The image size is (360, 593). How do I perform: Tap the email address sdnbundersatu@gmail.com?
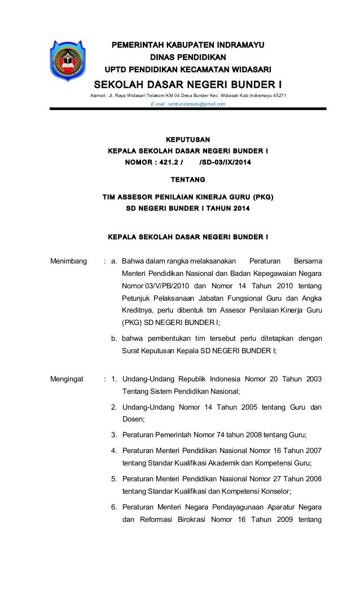[x=188, y=104]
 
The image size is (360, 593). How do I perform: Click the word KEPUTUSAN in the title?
[x=188, y=138]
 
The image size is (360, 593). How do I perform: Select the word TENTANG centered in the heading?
[x=188, y=179]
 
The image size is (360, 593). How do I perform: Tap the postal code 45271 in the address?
[x=279, y=95]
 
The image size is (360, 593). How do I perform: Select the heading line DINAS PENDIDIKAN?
[x=188, y=57]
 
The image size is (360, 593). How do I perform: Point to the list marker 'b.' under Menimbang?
[x=114, y=339]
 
